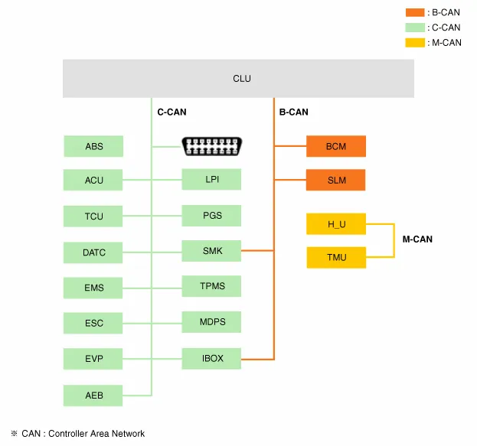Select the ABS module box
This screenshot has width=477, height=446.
93,146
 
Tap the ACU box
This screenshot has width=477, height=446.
93,181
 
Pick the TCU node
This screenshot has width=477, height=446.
93,216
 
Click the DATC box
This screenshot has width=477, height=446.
93,252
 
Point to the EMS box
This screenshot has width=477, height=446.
93,288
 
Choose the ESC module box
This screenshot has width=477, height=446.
93,324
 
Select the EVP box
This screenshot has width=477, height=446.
93,359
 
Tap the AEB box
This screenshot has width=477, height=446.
93,396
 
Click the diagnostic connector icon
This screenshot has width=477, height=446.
211,145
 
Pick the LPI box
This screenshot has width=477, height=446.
212,180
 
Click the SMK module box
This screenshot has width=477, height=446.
212,251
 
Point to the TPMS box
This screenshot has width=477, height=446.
212,287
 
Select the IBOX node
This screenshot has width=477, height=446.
212,358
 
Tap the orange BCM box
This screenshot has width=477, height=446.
336,146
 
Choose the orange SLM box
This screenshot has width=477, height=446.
336,181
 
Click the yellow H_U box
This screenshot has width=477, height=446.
337,224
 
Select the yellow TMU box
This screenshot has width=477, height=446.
337,258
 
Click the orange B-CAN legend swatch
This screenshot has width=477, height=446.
415,12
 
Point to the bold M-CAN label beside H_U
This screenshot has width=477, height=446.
417,239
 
